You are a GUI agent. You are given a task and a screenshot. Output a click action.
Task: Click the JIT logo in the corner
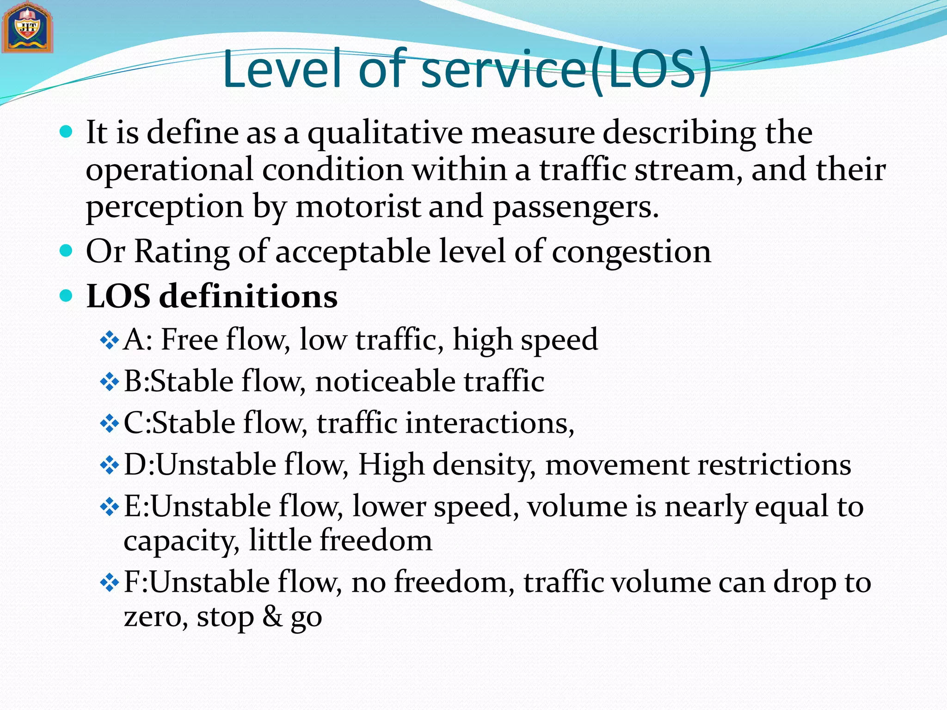pos(27,28)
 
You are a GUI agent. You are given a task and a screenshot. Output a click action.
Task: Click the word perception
pos(165,207)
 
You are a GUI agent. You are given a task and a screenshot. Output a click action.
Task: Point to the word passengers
pos(575,207)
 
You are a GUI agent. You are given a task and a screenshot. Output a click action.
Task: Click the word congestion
pos(631,252)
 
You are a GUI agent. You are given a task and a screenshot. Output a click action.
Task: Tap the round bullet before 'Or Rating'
pos(67,251)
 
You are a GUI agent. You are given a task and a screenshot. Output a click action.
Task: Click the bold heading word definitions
pos(248,296)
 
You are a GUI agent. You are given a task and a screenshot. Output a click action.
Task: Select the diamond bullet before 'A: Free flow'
pos(110,341)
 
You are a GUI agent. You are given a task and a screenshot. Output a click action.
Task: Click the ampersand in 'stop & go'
pos(272,617)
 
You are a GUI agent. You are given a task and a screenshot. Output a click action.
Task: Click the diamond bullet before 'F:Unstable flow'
pos(110,583)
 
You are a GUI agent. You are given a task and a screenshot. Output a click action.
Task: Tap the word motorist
pos(358,207)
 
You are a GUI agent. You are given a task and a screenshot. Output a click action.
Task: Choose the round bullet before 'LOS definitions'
pos(67,295)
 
